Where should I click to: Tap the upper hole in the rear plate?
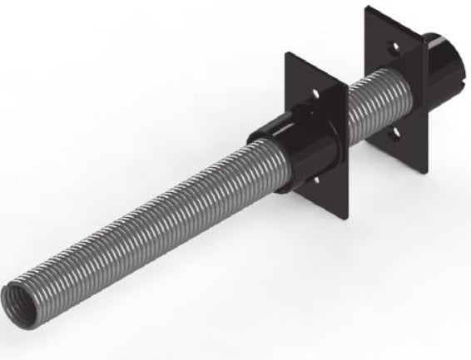coord(394,49)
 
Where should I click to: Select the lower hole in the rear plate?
coord(398,132)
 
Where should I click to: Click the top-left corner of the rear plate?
coord(364,7)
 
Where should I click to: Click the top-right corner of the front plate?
coord(345,88)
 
